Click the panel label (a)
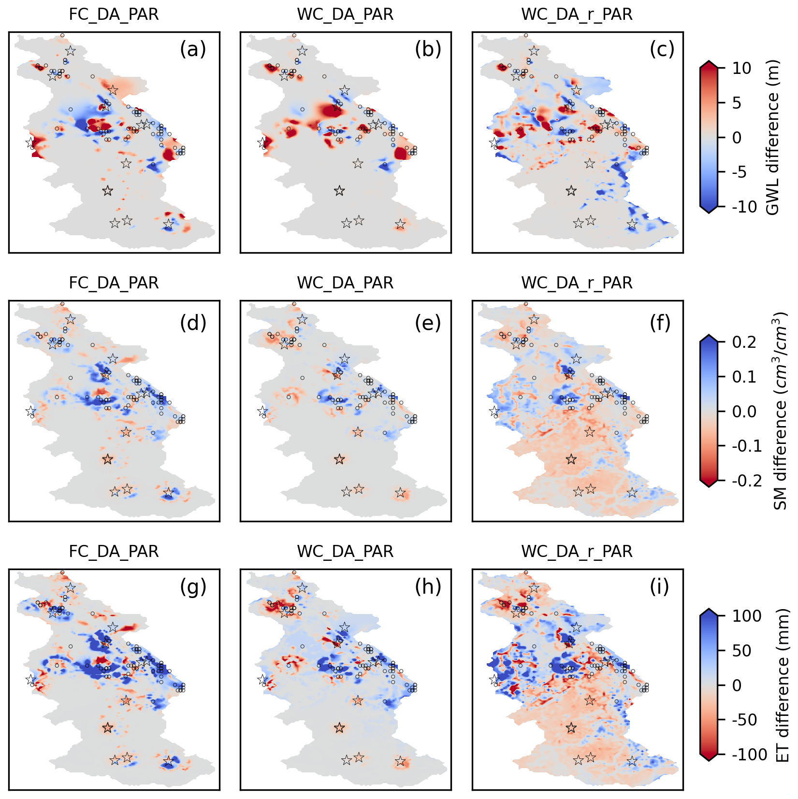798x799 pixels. pos(193,49)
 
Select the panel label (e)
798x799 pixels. pos(428,322)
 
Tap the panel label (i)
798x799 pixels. pos(659,586)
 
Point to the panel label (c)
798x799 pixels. pos(662,49)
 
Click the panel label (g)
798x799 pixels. pos(193,586)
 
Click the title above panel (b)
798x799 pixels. pos(345,14)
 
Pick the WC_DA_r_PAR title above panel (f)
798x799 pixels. pos(577,283)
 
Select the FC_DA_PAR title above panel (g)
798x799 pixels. pos(114,551)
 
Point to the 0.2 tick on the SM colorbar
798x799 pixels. pos(744,342)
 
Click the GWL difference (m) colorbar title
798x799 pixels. pos(773,138)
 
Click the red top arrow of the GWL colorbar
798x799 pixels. pos(709,65)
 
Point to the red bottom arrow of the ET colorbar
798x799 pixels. pos(709,757)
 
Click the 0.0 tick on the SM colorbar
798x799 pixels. pos(744,412)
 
